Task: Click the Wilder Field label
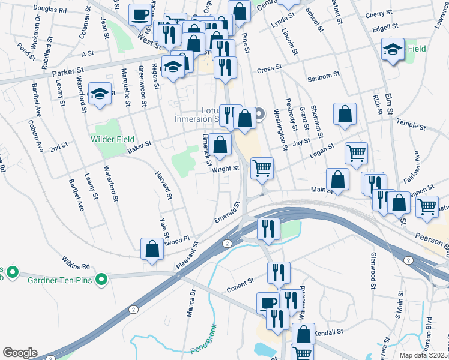tap(112, 139)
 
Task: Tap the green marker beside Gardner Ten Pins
tap(101, 278)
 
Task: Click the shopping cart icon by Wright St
tap(262, 169)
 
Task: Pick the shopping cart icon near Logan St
tap(356, 153)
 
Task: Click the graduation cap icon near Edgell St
tap(392, 50)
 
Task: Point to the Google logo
tap(20, 352)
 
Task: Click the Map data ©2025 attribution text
tap(423, 355)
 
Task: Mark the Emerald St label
tap(228, 214)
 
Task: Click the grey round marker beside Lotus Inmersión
tap(260, 113)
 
